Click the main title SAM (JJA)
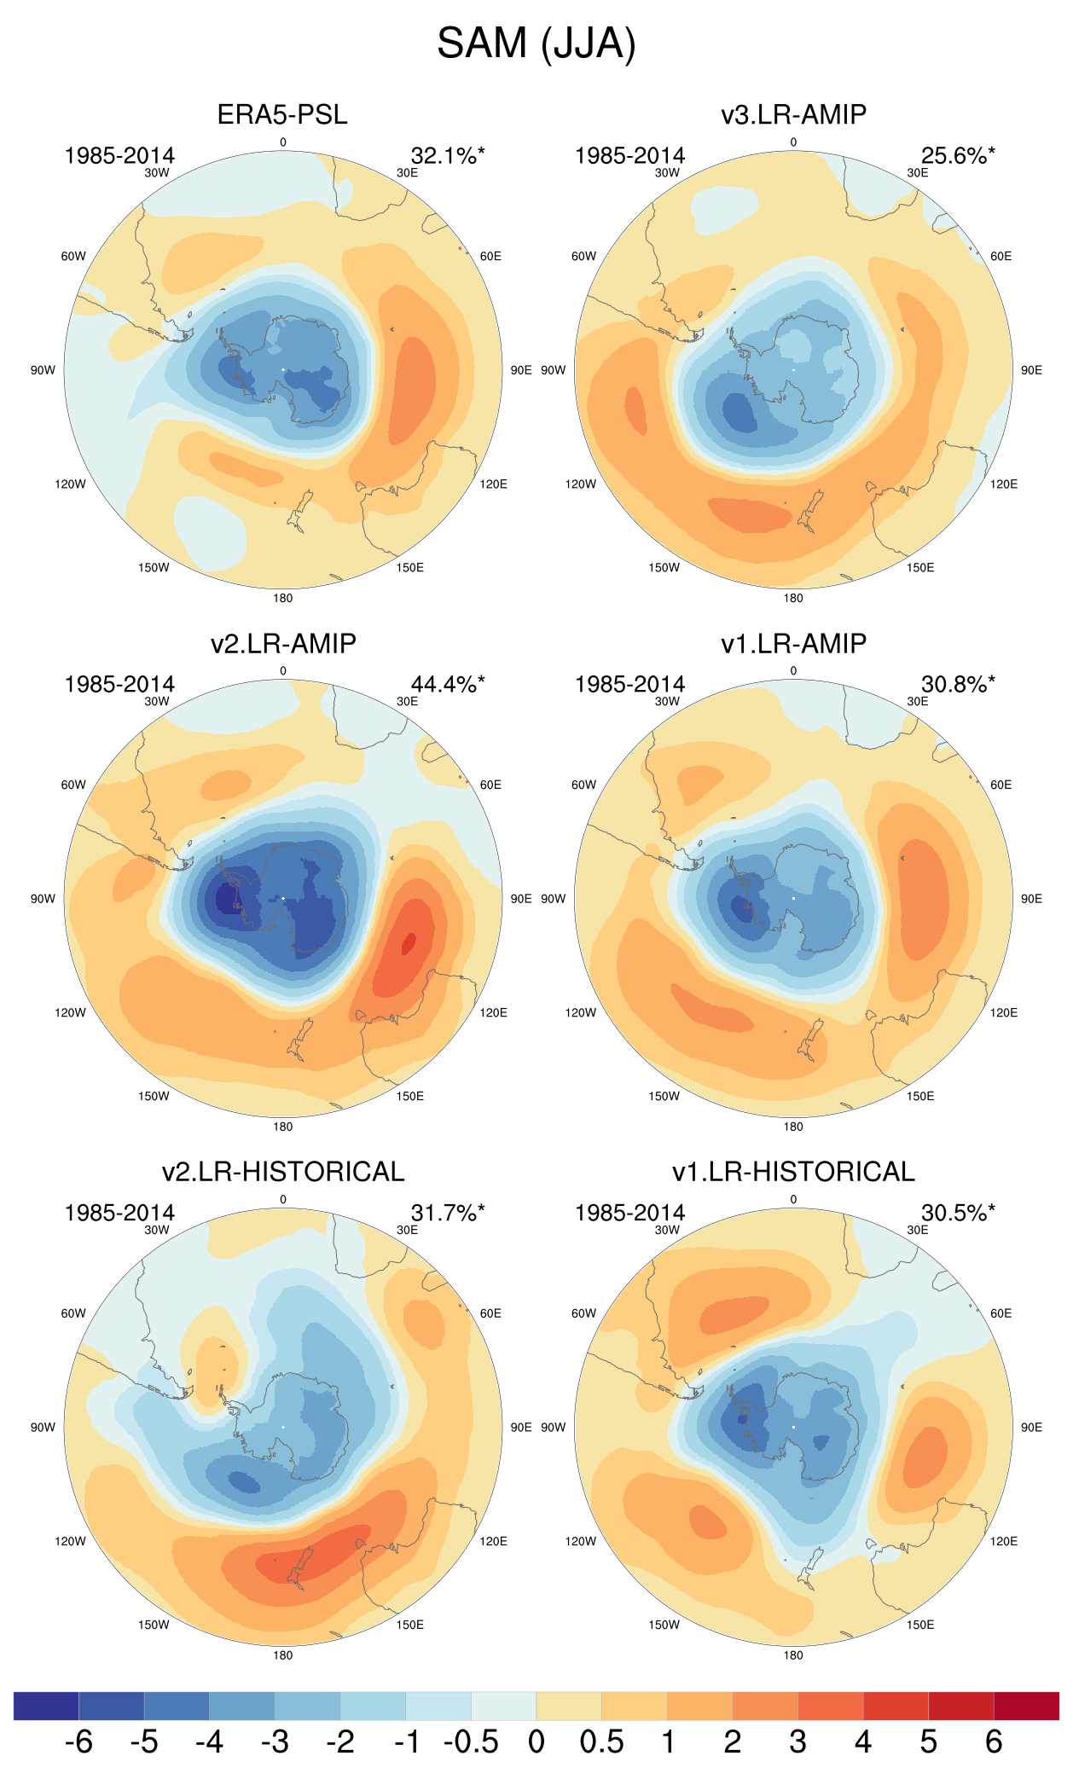pyautogui.click(x=536, y=43)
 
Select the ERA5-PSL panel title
pyautogui.click(x=282, y=114)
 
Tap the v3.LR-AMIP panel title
pyautogui.click(x=793, y=114)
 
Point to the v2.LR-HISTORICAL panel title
pyautogui.click(x=282, y=1172)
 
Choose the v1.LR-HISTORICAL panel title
pyautogui.click(x=793, y=1172)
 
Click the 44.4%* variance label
pyautogui.click(x=448, y=684)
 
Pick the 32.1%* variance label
pyautogui.click(x=448, y=155)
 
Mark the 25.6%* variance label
pyautogui.click(x=958, y=155)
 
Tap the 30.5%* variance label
pyautogui.click(x=958, y=1213)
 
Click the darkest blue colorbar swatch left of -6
pyautogui.click(x=46, y=1706)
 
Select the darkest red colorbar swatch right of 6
pyautogui.click(x=1026, y=1706)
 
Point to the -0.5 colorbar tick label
pyautogui.click(x=471, y=1741)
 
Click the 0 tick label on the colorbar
pyautogui.click(x=536, y=1741)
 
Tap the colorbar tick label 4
pyautogui.click(x=863, y=1741)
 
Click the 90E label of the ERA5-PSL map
pyautogui.click(x=521, y=370)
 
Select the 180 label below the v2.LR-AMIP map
pyautogui.click(x=283, y=1127)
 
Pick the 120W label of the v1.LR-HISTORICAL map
pyautogui.click(x=580, y=1541)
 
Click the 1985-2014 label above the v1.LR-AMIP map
pyautogui.click(x=629, y=684)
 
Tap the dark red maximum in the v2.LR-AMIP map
pyautogui.click(x=409, y=942)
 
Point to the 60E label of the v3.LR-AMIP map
pyautogui.click(x=1000, y=256)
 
